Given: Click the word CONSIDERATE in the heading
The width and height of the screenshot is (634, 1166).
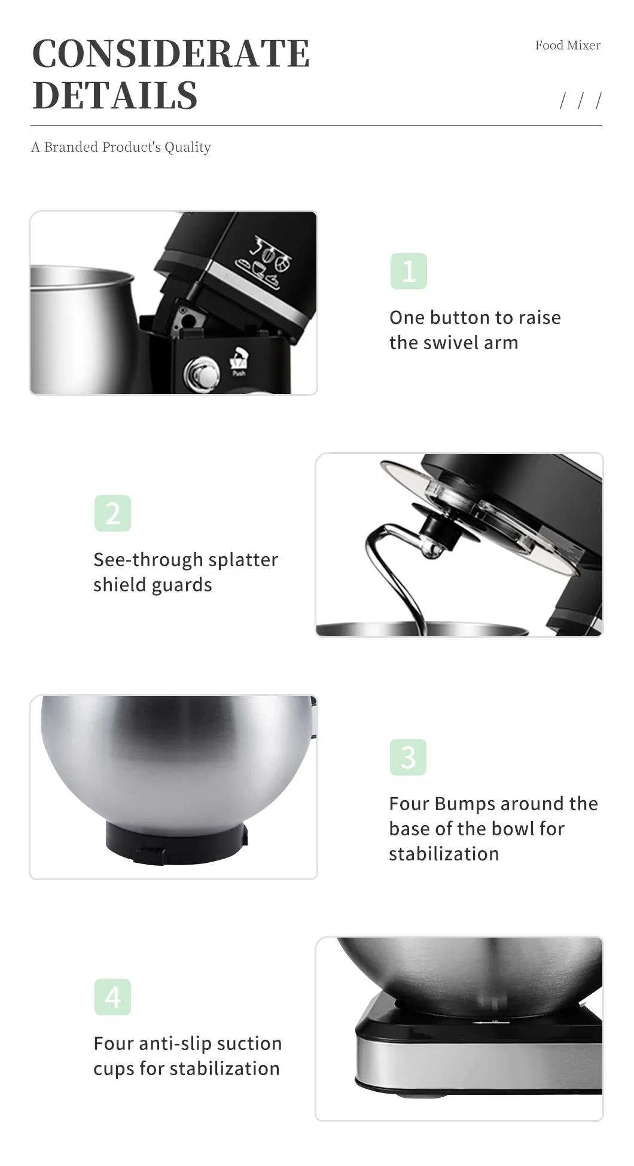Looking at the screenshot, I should pos(170,54).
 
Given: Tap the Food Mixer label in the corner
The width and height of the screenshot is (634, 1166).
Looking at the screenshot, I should pos(567,45).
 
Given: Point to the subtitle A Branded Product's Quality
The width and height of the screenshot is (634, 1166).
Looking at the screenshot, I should pos(121,147).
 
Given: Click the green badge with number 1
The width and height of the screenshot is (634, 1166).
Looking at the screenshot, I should pos(409,271).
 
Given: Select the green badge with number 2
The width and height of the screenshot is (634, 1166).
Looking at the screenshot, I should pos(112,513).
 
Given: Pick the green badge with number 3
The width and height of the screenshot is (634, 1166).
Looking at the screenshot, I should pos(408,757).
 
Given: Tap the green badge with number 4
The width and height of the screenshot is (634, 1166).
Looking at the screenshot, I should pos(112,997).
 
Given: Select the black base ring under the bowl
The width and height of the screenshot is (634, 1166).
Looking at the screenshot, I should pos(176,843).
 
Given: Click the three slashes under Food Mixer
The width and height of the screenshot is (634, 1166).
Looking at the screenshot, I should pos(580,100).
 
